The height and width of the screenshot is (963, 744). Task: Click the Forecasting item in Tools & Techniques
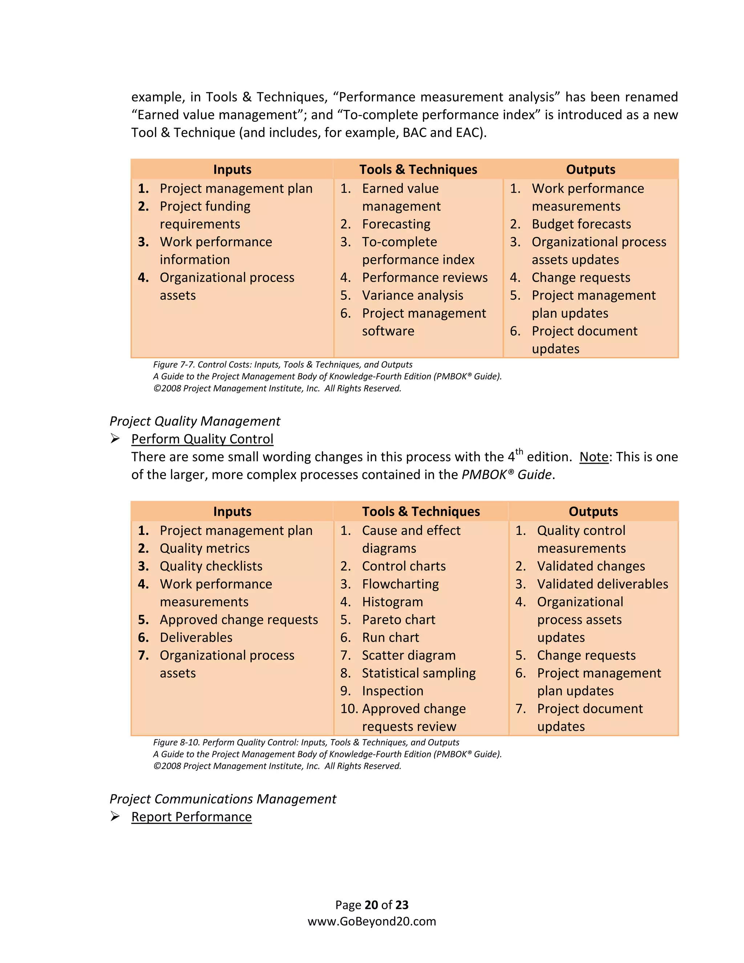point(396,224)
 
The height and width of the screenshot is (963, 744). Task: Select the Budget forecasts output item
point(581,224)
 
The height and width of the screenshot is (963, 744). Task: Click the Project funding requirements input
point(205,215)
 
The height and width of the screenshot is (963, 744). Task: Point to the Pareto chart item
point(399,620)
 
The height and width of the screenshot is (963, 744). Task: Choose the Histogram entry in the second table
point(392,602)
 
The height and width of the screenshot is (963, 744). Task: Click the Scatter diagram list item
point(409,655)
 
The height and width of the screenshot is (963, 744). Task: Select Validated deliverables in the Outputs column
point(602,584)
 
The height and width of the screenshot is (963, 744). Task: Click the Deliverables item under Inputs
point(196,638)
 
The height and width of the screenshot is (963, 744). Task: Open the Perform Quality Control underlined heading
point(202,439)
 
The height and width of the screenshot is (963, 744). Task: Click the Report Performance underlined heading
point(191,817)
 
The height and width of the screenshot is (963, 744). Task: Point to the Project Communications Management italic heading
point(223,799)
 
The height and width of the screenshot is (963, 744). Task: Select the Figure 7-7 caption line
point(283,364)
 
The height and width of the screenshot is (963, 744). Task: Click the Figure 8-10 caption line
point(306,742)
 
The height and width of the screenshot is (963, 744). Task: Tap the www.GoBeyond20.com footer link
point(372,922)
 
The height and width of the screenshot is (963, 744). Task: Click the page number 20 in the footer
point(372,905)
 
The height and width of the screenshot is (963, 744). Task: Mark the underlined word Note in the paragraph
point(594,457)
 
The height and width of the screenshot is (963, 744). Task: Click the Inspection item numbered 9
point(392,691)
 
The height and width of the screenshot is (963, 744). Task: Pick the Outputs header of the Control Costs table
point(590,169)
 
